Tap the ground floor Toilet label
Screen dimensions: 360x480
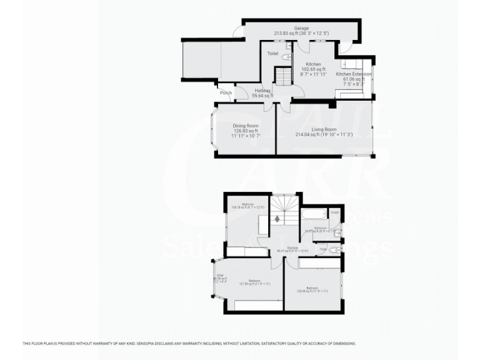click(272, 54)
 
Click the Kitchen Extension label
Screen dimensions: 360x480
click(354, 74)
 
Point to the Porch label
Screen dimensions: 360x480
click(226, 93)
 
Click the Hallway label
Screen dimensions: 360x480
click(262, 91)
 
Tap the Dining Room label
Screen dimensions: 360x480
click(246, 126)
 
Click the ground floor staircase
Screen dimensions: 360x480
click(284, 76)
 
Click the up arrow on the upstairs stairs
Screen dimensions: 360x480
click(277, 219)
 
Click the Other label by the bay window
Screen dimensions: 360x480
click(220, 276)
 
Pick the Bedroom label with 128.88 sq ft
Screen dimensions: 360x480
click(312, 288)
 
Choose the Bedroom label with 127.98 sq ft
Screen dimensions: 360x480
click(254, 281)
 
